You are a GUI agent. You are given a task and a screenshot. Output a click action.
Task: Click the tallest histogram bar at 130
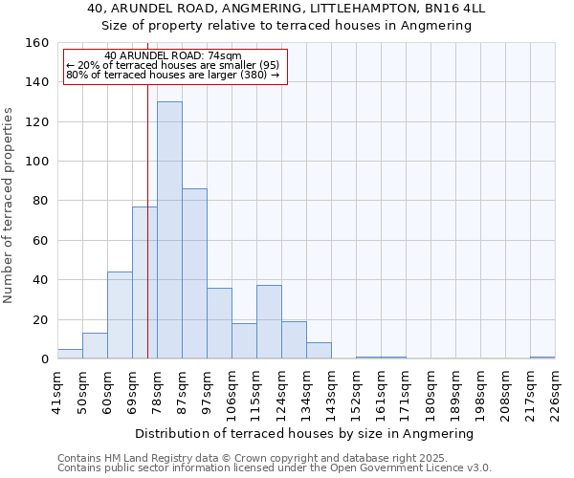click(x=169, y=230)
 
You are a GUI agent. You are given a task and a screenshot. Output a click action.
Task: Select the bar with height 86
click(x=194, y=274)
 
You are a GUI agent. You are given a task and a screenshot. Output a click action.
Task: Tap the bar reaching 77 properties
click(x=144, y=283)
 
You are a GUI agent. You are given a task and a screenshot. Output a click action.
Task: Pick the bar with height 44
click(x=120, y=315)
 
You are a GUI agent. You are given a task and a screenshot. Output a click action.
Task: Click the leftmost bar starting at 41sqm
click(x=70, y=354)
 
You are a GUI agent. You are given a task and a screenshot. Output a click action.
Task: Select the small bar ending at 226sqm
click(x=542, y=358)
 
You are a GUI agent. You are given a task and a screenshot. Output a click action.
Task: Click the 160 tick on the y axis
click(x=37, y=43)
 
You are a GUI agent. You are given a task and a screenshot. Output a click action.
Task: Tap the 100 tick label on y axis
click(x=37, y=162)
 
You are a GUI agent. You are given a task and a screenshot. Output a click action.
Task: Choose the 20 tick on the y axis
click(x=41, y=320)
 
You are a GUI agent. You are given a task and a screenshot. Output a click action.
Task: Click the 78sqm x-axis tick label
click(x=157, y=390)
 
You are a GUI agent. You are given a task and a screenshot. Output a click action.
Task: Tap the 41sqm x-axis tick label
click(x=57, y=390)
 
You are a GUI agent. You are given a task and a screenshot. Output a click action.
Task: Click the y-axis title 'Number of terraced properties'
click(x=10, y=206)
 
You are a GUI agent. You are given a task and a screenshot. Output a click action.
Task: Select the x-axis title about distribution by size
click(x=304, y=433)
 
